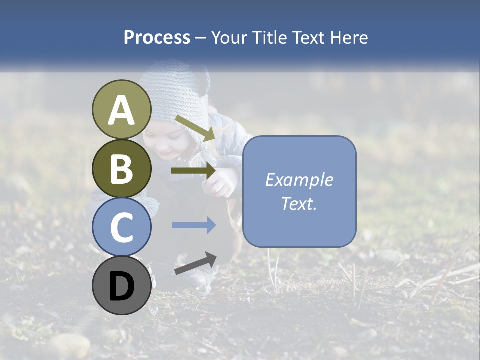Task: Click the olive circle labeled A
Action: point(122,109)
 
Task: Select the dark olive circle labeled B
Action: point(122,168)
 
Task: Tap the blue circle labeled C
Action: point(122,227)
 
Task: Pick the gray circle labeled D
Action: point(122,285)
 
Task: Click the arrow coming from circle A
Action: point(195,128)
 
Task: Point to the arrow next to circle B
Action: point(193,171)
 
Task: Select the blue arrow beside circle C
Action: point(193,225)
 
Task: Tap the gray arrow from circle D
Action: point(195,263)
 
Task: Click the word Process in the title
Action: point(157,38)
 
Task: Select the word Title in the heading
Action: point(270,38)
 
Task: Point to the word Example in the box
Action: point(299,180)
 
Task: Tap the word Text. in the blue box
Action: point(299,204)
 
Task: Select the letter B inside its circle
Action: point(122,169)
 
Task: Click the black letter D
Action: point(122,286)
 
